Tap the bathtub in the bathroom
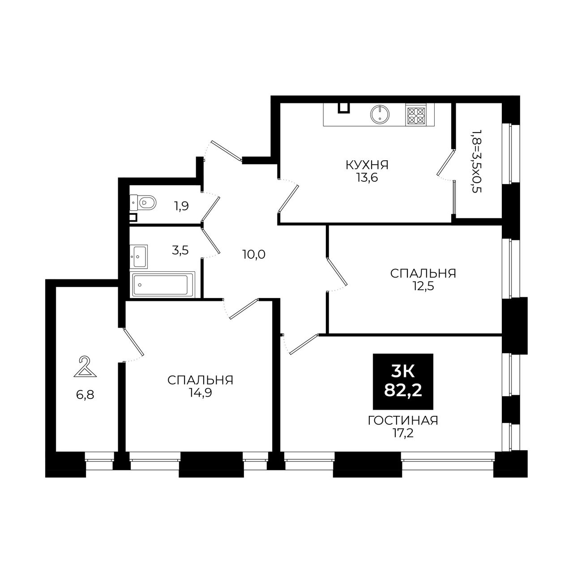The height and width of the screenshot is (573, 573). pyautogui.click(x=162, y=284)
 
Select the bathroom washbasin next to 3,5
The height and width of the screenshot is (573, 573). pyautogui.click(x=139, y=257)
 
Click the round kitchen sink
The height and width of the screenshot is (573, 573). pyautogui.click(x=380, y=114)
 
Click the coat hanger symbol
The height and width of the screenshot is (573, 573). pyautogui.click(x=85, y=367)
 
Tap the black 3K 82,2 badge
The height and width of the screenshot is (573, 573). pyautogui.click(x=403, y=381)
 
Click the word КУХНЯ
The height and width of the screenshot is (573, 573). pyautogui.click(x=367, y=165)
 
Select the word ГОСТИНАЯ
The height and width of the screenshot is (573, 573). pyautogui.click(x=403, y=421)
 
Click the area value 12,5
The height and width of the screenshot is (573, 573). pyautogui.click(x=423, y=286)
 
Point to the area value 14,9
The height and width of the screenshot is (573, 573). pyautogui.click(x=200, y=393)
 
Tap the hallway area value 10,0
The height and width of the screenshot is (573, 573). pyautogui.click(x=254, y=255)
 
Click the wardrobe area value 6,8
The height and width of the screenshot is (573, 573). pyautogui.click(x=85, y=395)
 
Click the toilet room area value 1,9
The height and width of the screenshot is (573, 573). pyautogui.click(x=182, y=206)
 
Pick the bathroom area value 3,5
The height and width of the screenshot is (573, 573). pyautogui.click(x=180, y=250)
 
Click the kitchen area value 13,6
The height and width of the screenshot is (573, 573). pyautogui.click(x=367, y=178)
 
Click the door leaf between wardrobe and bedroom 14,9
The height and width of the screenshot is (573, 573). pyautogui.click(x=133, y=342)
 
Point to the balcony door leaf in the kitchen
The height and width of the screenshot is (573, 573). pyautogui.click(x=445, y=162)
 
